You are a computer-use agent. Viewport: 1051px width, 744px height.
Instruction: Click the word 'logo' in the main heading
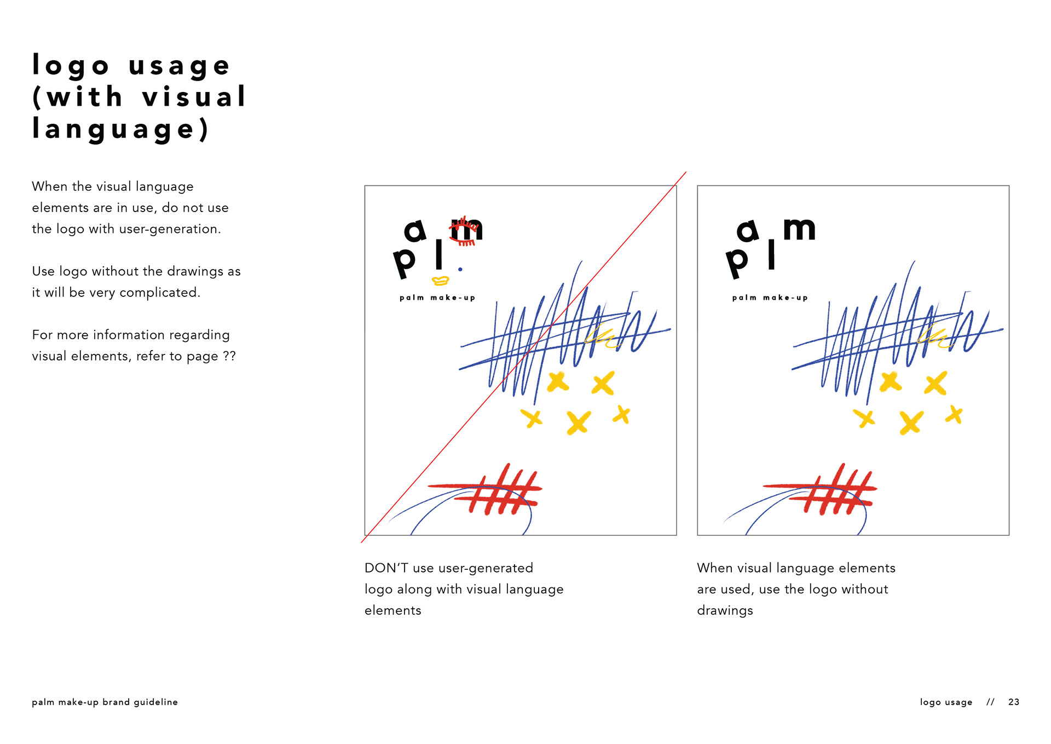[x=71, y=66]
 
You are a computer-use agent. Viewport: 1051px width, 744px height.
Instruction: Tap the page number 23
[x=1014, y=702]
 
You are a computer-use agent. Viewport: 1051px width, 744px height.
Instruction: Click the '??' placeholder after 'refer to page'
[x=229, y=356]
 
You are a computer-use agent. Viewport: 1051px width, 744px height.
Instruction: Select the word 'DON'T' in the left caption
[x=386, y=568]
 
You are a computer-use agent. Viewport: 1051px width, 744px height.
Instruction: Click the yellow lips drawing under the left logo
[x=441, y=281]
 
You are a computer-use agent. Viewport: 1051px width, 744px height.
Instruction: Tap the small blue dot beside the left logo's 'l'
[x=460, y=269]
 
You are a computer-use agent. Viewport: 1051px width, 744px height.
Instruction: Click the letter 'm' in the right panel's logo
[x=799, y=228]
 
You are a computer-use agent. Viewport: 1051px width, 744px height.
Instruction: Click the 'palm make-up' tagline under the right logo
[x=770, y=297]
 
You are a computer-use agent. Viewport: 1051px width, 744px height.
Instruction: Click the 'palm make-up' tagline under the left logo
[x=437, y=297]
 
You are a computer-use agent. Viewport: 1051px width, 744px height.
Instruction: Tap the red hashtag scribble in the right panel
[x=820, y=489]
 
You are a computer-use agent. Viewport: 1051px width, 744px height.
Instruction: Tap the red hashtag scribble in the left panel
[x=485, y=489]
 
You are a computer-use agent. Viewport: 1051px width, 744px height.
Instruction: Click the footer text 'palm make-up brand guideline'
[x=105, y=702]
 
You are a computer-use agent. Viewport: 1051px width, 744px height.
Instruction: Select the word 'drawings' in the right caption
[x=725, y=610]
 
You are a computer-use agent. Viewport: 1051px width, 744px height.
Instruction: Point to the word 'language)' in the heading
[x=121, y=129]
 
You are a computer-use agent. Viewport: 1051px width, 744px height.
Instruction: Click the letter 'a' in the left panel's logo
[x=415, y=231]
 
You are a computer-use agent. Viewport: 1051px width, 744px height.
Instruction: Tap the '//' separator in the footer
[x=990, y=702]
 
